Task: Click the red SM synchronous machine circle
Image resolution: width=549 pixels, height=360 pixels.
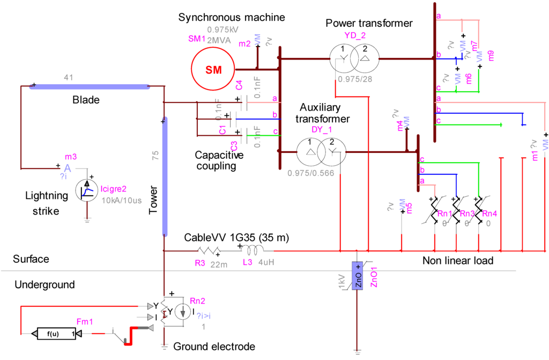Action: click(213, 70)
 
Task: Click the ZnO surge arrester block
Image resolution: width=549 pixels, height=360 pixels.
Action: click(358, 276)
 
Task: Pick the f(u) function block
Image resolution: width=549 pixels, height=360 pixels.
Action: click(53, 334)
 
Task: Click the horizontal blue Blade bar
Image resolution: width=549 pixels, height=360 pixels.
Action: click(89, 86)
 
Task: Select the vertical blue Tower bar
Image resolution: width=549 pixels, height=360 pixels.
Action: click(165, 177)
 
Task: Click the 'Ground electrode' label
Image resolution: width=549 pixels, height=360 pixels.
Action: click(214, 347)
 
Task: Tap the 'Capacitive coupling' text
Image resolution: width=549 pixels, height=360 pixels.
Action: click(219, 160)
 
